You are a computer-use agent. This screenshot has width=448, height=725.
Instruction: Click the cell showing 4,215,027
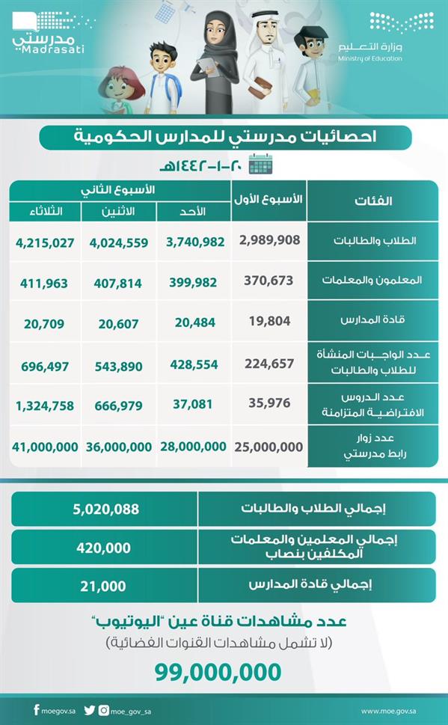(46, 242)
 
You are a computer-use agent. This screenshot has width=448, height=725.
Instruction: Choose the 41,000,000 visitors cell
(46, 446)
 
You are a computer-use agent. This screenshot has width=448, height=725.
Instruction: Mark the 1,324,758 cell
(46, 406)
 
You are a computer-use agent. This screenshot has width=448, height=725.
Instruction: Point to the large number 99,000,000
(218, 671)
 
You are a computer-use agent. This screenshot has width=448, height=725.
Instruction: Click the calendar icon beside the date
(260, 164)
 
